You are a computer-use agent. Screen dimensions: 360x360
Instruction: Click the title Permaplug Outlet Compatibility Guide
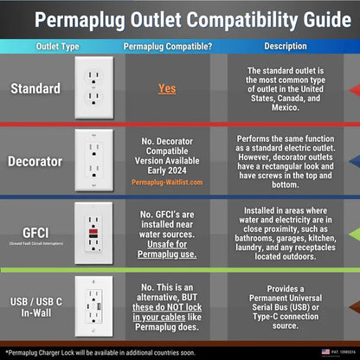coord(180,18)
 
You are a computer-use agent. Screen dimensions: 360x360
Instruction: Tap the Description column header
coord(285,46)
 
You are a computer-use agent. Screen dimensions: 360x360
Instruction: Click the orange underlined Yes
coord(167,88)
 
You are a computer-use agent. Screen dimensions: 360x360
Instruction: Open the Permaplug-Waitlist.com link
coord(167,183)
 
